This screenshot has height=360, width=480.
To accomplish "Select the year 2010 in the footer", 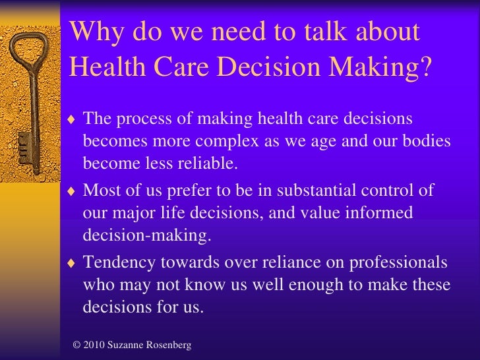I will (95, 345).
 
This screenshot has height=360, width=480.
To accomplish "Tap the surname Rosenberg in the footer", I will (169, 345).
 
